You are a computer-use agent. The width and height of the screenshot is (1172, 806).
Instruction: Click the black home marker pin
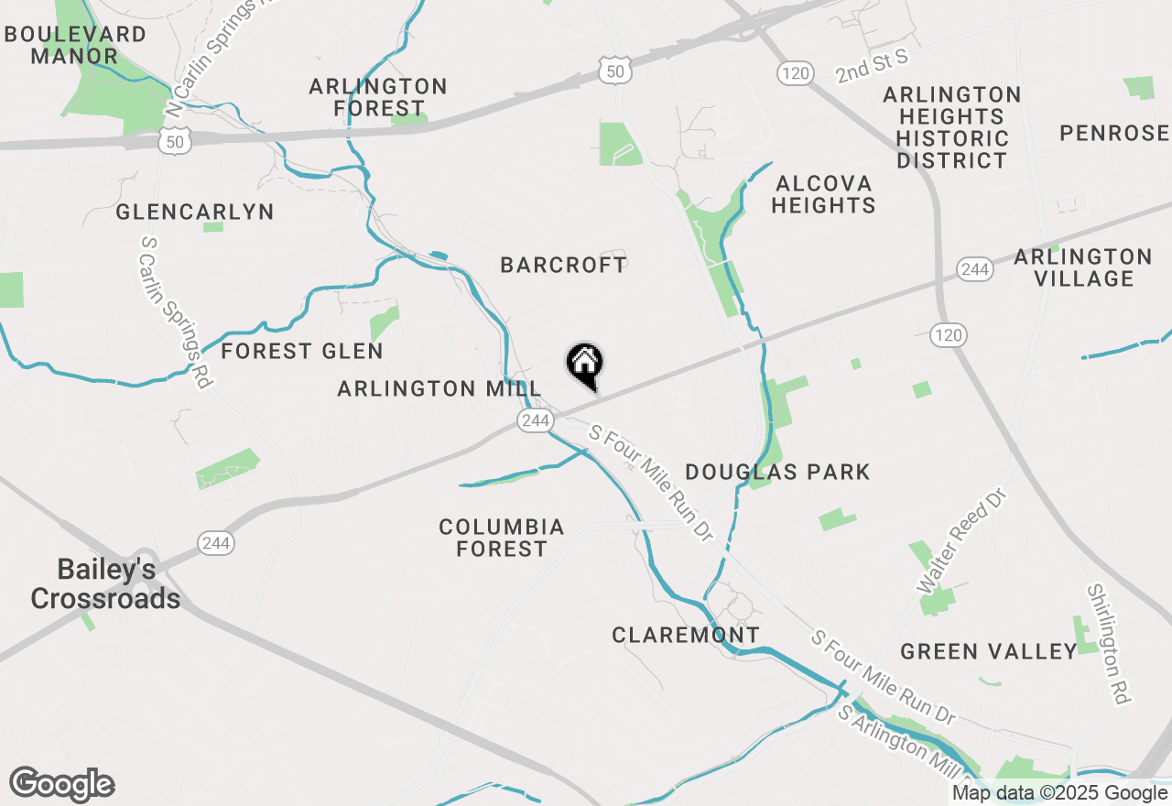point(584,365)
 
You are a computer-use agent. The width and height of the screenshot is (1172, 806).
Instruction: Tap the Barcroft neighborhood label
point(564,265)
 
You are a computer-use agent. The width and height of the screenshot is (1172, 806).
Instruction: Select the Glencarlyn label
point(195,212)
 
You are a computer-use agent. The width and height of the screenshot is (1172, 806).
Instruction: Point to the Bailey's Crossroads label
point(105,583)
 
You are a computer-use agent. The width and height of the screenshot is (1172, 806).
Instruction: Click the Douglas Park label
point(777,472)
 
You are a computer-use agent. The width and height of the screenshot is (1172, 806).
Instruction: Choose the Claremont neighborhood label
point(686,635)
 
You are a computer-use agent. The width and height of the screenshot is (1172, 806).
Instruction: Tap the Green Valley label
point(989,651)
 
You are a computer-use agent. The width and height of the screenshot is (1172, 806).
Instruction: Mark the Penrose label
point(1114,134)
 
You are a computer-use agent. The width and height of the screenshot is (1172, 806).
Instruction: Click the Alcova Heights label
point(823,194)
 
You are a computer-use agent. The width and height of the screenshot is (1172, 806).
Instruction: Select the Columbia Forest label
point(502,538)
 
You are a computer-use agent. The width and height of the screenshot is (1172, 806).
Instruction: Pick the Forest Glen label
point(302,351)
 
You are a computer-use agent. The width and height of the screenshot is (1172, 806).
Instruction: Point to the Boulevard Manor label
point(75,45)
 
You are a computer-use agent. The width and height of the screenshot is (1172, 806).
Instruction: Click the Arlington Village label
point(1083,267)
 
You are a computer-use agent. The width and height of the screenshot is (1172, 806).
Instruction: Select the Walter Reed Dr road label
point(961,539)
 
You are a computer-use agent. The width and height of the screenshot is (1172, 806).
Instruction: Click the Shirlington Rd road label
point(1108,644)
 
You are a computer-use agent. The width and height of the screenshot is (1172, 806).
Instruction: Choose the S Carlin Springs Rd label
point(175,311)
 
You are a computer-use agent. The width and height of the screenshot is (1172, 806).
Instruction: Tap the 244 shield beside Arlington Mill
point(535,420)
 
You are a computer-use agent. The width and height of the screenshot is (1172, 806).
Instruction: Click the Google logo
point(62,784)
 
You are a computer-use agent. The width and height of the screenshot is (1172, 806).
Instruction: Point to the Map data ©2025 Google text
point(1059,793)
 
